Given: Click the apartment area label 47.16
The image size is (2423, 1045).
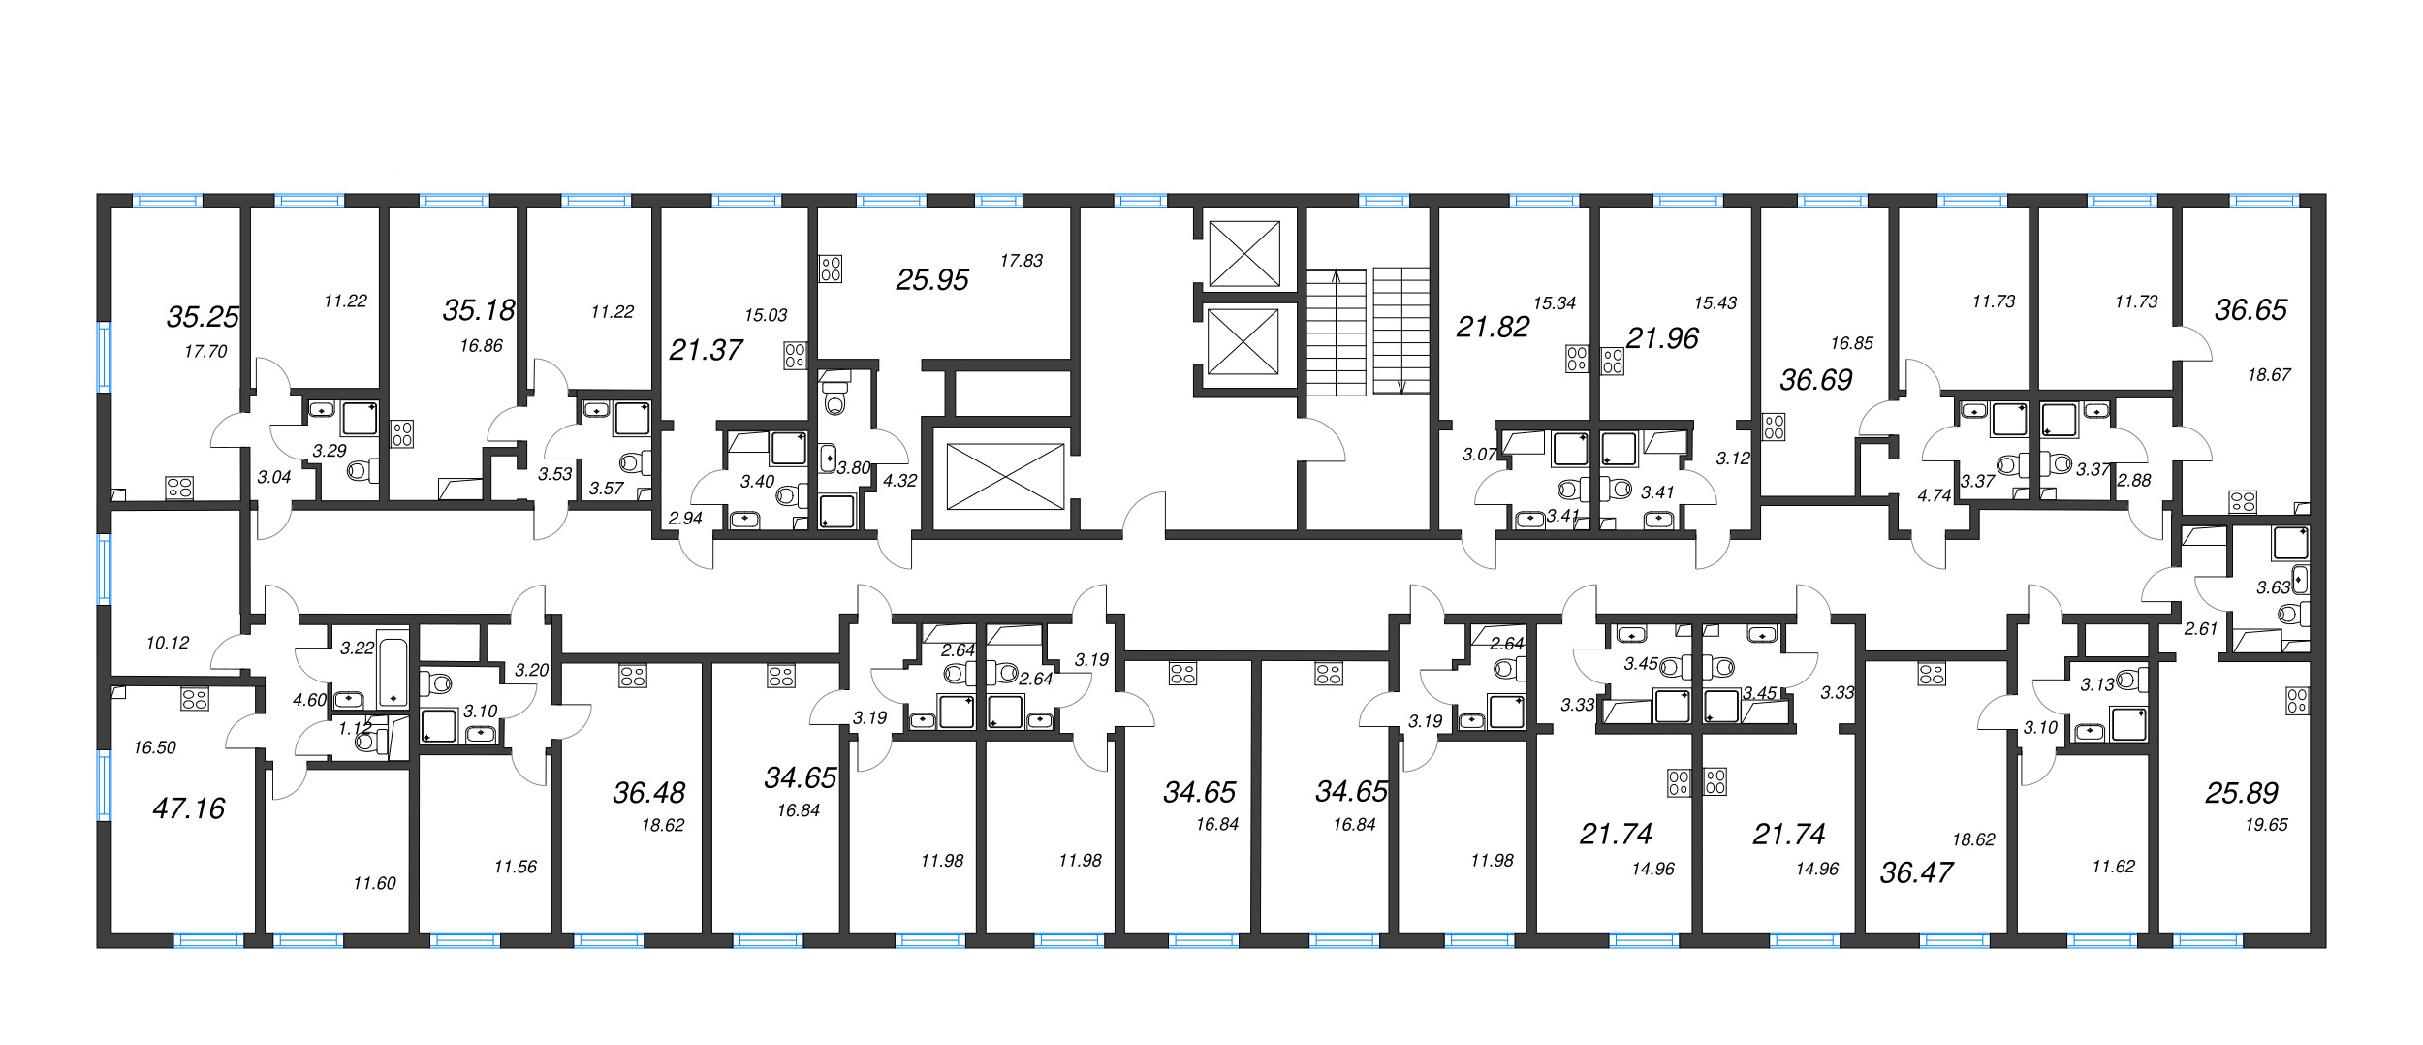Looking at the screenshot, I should [x=188, y=808].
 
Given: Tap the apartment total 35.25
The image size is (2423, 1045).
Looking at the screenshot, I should [x=203, y=317].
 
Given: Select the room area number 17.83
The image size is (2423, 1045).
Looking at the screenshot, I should [x=1022, y=261].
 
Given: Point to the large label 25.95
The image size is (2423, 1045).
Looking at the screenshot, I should [x=931, y=280].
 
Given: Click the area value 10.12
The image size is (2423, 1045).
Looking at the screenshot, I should [x=168, y=643].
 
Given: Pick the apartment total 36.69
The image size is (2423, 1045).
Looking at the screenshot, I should [x=1815, y=380].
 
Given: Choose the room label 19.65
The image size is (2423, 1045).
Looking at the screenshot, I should [x=2266, y=825].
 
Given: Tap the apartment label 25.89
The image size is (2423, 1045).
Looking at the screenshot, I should [x=2241, y=793].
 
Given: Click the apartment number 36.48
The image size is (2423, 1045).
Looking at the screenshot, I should [x=648, y=793].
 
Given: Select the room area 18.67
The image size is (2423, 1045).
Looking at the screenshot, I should [x=2269, y=375].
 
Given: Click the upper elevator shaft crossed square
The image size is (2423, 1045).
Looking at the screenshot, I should [x=1244, y=254].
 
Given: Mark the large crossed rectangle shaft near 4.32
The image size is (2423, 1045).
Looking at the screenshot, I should [x=1005, y=476].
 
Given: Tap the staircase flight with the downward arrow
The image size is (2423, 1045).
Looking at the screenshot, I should [x=1400, y=331].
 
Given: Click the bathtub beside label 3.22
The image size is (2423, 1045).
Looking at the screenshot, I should [x=393, y=669].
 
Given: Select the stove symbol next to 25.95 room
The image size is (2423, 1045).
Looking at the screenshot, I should [x=831, y=269].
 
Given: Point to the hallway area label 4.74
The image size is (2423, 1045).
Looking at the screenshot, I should [x=1934, y=495].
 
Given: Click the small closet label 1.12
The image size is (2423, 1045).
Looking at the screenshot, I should [x=355, y=728].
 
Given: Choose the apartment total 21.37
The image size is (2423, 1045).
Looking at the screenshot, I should [x=706, y=350].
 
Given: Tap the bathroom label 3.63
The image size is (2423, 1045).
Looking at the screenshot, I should [x=2272, y=587].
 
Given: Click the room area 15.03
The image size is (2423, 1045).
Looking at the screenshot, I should [x=766, y=315].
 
